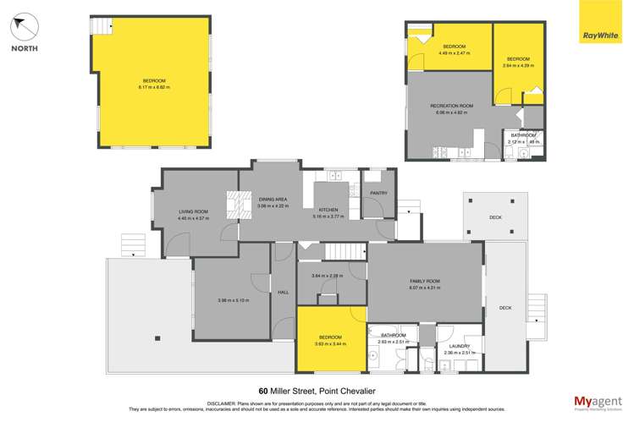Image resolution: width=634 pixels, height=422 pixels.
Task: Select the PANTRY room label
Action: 378,194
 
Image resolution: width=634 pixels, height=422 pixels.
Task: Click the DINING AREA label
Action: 273,200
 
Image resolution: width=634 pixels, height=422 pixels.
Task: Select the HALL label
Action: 283,293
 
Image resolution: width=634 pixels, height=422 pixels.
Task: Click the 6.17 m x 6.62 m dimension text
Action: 155,87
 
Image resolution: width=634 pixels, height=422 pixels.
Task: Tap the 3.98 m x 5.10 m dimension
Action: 232,300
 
